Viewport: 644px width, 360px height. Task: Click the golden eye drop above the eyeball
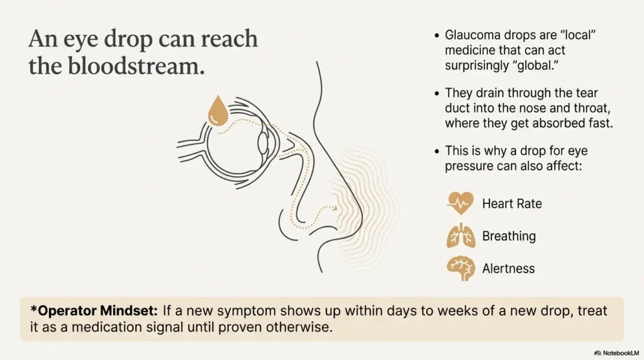218,112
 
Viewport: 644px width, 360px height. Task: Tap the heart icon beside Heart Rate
460,203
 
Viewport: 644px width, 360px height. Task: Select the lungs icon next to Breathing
460,236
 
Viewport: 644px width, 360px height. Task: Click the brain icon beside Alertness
460,268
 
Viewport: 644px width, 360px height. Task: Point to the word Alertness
508,269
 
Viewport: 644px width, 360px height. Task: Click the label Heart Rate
511,204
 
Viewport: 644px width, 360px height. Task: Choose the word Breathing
509,237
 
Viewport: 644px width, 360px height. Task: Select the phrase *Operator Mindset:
94,310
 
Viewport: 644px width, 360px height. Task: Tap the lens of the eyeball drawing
262,144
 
